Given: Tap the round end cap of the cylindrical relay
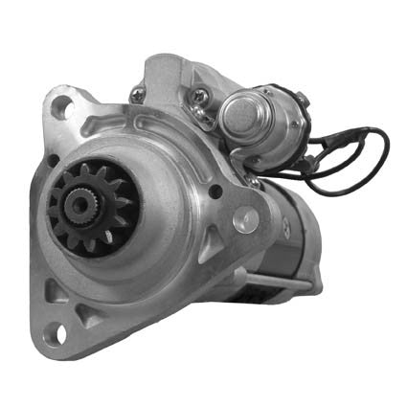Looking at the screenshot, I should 234,122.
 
